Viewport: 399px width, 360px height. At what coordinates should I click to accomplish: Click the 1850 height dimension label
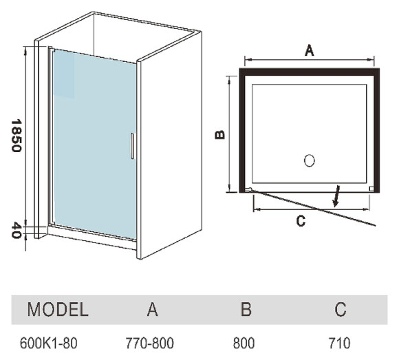click(x=16, y=136)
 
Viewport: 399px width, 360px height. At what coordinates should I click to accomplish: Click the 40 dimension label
click(x=16, y=231)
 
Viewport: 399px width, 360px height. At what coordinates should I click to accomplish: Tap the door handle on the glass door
click(x=132, y=146)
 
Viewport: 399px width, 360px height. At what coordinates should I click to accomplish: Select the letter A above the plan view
click(x=310, y=50)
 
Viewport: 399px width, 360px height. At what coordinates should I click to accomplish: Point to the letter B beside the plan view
click(x=220, y=135)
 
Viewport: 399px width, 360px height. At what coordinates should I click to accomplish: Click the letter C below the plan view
click(x=301, y=221)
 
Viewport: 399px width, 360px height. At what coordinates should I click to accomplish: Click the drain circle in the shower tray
click(x=310, y=160)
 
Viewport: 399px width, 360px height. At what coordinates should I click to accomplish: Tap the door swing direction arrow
click(x=336, y=195)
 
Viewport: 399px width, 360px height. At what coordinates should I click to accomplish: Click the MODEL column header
click(x=58, y=309)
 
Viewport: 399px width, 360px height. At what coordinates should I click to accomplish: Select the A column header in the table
click(x=153, y=309)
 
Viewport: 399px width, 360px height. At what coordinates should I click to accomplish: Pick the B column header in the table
click(x=246, y=309)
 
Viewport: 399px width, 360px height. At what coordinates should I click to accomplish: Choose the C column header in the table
click(x=341, y=309)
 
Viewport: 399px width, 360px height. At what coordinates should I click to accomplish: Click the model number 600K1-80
click(x=48, y=343)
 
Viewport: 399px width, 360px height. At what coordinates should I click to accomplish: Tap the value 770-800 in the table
click(x=150, y=343)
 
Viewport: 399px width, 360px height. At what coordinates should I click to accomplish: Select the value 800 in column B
click(x=244, y=343)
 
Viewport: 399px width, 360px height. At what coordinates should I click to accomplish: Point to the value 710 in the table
click(x=339, y=343)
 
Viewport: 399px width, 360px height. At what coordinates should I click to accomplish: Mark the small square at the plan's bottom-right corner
click(x=371, y=189)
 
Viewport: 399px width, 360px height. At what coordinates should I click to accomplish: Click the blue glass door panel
click(x=94, y=144)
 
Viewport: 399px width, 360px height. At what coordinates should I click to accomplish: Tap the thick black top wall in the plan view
click(x=310, y=72)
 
